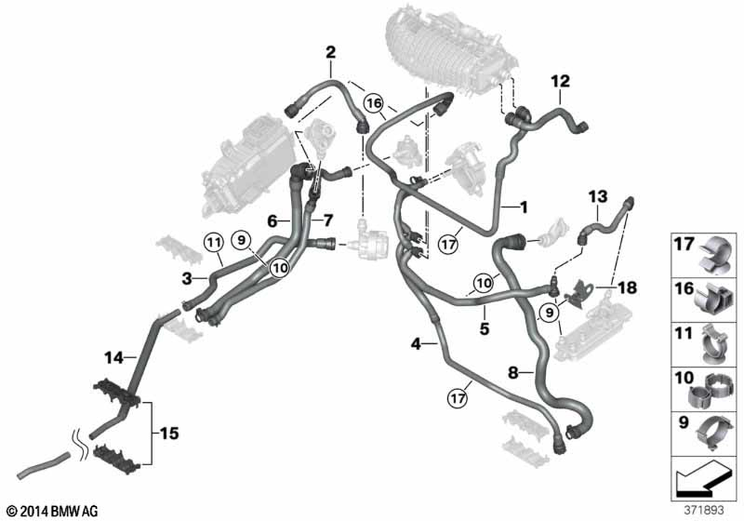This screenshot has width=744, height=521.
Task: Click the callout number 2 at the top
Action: (330, 52)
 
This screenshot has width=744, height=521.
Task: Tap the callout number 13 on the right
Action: (598, 196)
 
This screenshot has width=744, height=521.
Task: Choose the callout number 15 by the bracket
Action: (170, 432)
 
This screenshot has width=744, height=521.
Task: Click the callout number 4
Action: (417, 343)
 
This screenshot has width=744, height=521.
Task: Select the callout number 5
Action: (484, 326)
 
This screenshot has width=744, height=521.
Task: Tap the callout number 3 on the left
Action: (188, 278)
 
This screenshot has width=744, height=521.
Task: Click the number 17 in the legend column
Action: (684, 243)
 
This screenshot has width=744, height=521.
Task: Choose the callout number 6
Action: (272, 221)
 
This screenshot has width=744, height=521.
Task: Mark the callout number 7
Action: (327, 221)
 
